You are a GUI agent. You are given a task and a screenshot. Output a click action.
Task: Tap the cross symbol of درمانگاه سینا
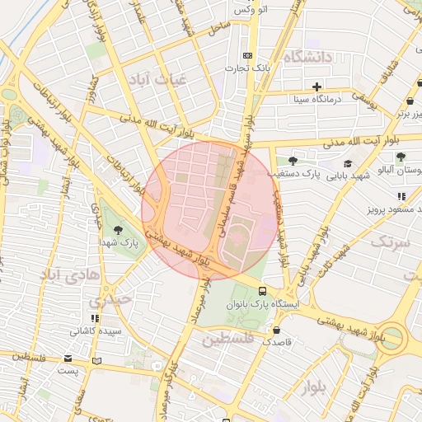pyautogui.click(x=316, y=87)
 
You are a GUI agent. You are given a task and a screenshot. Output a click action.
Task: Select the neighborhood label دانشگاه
pyautogui.click(x=306, y=57)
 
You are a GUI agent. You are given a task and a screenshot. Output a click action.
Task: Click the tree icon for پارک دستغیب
pyautogui.click(x=293, y=161)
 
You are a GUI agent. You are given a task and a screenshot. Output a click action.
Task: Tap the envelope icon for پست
pyautogui.click(x=67, y=359)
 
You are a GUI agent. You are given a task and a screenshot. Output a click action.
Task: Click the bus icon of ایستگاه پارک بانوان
pyautogui.click(x=262, y=290)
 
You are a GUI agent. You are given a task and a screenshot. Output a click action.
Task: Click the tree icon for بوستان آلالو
pyautogui.click(x=401, y=156)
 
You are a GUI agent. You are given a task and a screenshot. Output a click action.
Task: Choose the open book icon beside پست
pyautogui.click(x=97, y=361)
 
